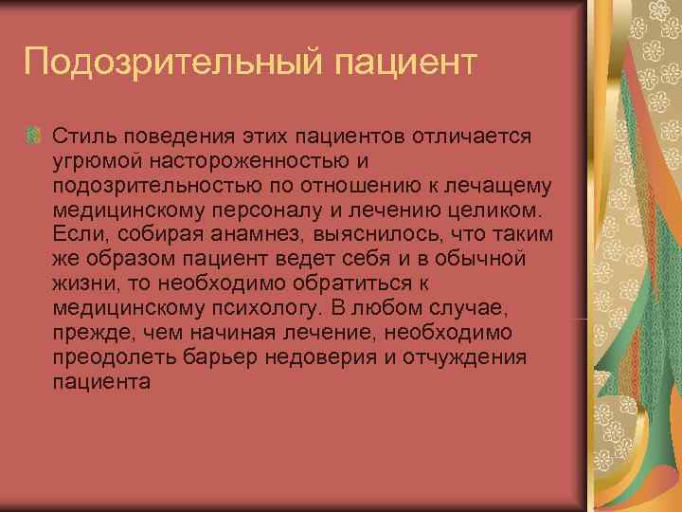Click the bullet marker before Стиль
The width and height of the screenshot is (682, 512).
pos(34,135)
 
